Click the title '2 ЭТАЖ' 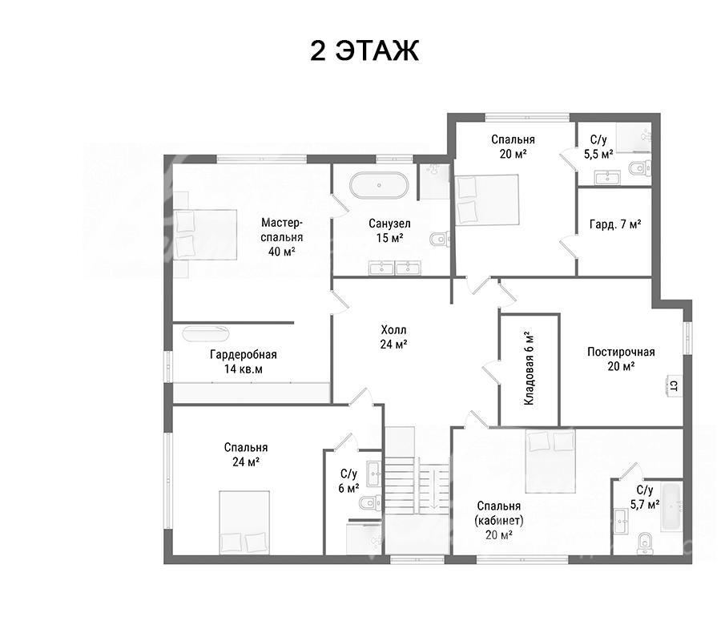click(365, 50)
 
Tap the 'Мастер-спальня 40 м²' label click(281, 237)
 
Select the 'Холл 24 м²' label click(393, 337)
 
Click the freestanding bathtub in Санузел click(379, 185)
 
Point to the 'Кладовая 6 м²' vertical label click(530, 368)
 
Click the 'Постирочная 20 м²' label click(621, 359)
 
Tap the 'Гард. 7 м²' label click(615, 224)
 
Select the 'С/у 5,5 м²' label click(598, 147)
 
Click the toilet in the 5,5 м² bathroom click(639, 168)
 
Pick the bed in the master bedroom click(205, 235)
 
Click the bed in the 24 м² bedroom click(244, 522)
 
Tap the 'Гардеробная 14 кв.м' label click(244, 361)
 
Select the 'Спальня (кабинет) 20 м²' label click(499, 520)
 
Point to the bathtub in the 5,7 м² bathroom click(671, 506)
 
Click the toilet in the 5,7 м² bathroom click(645, 542)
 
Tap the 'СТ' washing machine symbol click(673, 385)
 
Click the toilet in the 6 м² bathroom click(371, 502)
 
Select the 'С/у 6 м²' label click(348, 481)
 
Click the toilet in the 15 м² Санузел click(440, 238)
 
